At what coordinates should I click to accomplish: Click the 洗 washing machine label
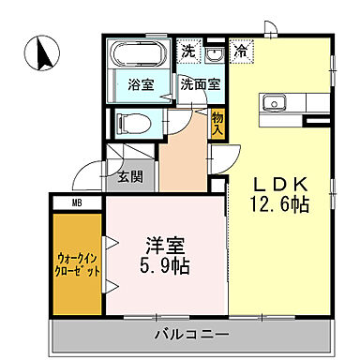pyautogui.click(x=188, y=51)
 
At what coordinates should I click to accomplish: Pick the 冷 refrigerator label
pyautogui.click(x=241, y=52)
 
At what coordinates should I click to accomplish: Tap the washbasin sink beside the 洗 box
pyautogui.click(x=214, y=52)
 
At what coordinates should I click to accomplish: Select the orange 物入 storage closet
pyautogui.click(x=218, y=122)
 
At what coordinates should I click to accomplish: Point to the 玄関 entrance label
pyautogui.click(x=129, y=175)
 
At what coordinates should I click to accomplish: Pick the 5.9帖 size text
pyautogui.click(x=165, y=266)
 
